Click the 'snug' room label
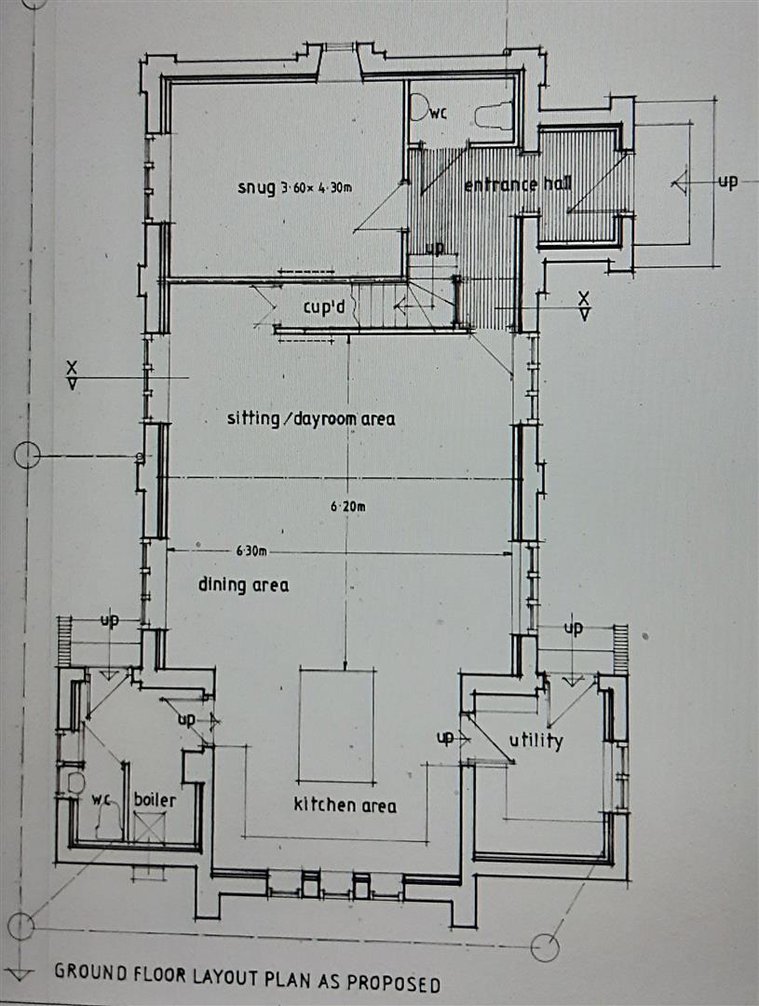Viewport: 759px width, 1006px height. tap(256, 188)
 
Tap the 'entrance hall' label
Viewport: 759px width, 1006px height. tap(518, 184)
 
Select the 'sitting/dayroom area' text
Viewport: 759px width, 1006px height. tap(311, 419)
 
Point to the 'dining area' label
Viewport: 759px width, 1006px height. tap(243, 584)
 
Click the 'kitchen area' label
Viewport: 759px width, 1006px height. tap(345, 805)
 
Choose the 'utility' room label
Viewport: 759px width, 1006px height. tap(536, 741)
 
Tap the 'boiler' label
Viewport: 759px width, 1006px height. tap(155, 799)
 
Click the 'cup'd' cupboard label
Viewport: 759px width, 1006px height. tap(324, 307)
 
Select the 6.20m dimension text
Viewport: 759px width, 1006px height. tap(348, 506)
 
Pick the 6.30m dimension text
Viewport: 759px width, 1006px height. tap(251, 551)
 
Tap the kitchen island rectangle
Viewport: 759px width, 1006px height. tap(337, 726)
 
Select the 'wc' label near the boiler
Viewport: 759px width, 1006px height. tap(102, 800)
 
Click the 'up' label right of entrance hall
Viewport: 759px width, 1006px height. tap(727, 182)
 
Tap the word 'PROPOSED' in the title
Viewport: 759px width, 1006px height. tap(393, 983)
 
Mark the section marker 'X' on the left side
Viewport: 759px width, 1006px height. tap(72, 368)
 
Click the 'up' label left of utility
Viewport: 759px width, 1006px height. tap(445, 738)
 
